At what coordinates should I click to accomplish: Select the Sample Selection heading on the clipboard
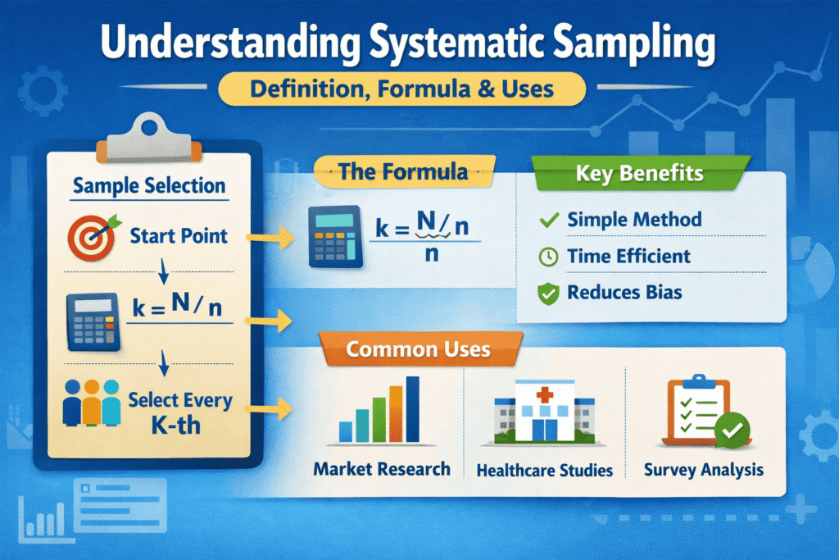pos(148,185)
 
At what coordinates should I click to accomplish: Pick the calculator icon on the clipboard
pos(93,322)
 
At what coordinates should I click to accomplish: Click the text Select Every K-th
pos(179,414)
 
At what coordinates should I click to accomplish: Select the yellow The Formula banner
pos(404,172)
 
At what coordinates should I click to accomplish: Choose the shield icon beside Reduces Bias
pos(546,294)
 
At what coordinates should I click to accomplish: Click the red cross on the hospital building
pos(543,397)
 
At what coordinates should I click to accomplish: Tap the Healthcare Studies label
pos(544,471)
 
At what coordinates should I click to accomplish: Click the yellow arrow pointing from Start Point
pos(268,239)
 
